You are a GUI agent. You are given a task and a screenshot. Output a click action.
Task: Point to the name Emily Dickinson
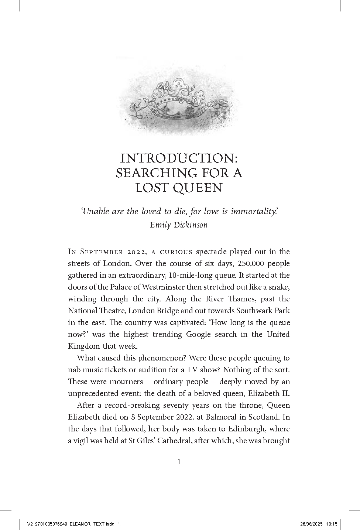[x=179, y=225]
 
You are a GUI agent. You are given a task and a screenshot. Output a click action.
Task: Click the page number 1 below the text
[x=179, y=462]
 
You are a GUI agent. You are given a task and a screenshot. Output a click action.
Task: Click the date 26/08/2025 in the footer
[x=311, y=524]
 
